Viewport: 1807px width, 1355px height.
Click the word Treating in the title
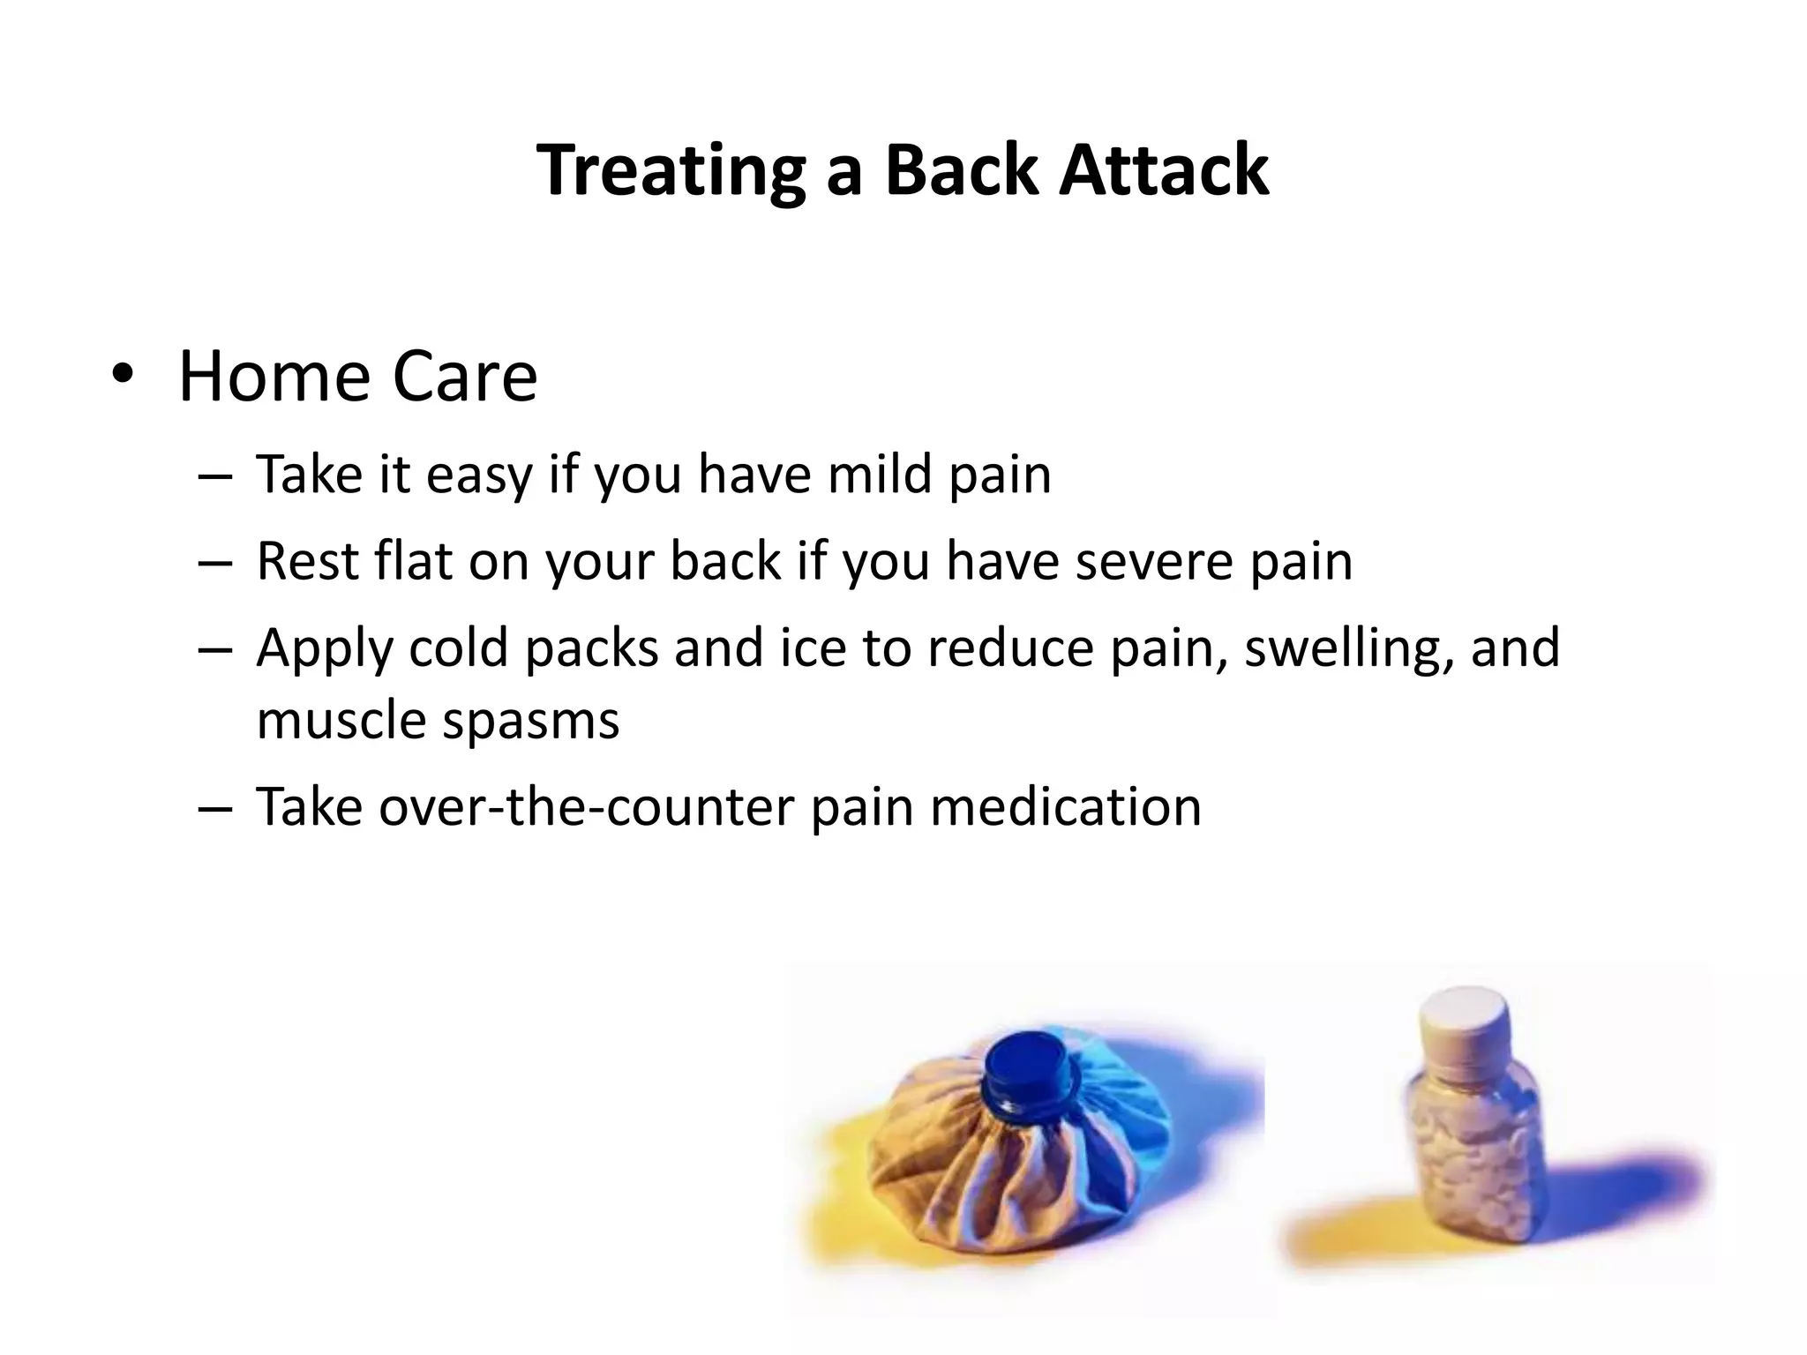coord(670,169)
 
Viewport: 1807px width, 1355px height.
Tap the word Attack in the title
coord(1164,169)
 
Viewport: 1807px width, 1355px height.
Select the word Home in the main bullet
coord(274,377)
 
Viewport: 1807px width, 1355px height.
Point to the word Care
coord(464,377)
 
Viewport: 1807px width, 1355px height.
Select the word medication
coord(1065,806)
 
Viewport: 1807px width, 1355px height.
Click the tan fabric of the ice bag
coord(935,1173)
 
